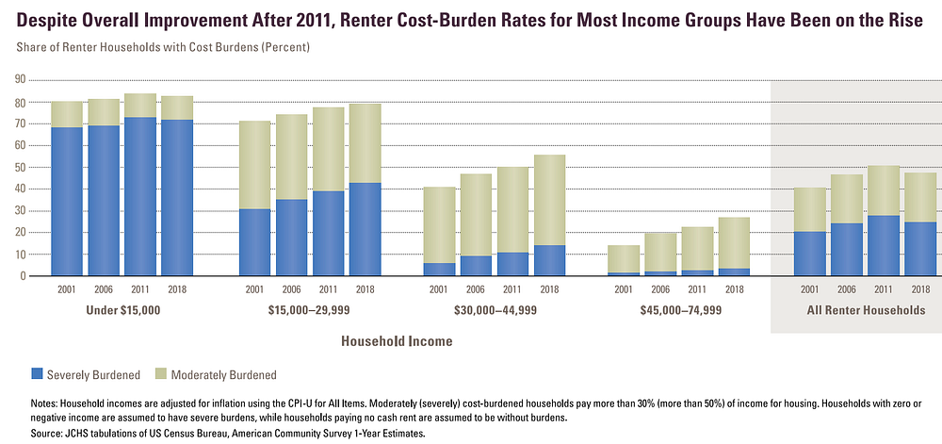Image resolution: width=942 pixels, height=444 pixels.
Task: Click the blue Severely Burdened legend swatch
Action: pyautogui.click(x=38, y=374)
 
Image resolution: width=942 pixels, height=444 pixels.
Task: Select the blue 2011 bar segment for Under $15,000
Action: pyautogui.click(x=140, y=196)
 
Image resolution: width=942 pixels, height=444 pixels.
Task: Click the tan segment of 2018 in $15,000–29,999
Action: pyautogui.click(x=365, y=143)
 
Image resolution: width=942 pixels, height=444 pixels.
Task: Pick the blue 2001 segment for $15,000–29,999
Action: pyautogui.click(x=255, y=242)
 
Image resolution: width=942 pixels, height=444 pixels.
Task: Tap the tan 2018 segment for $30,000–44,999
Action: pyautogui.click(x=550, y=200)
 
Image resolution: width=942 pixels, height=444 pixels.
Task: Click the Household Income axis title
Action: pyautogui.click(x=397, y=341)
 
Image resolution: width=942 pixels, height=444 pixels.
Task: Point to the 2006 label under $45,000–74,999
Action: pyautogui.click(x=661, y=289)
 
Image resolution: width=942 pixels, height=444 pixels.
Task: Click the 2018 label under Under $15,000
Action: pyautogui.click(x=177, y=289)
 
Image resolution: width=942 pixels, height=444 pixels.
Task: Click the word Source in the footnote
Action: pyautogui.click(x=45, y=433)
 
